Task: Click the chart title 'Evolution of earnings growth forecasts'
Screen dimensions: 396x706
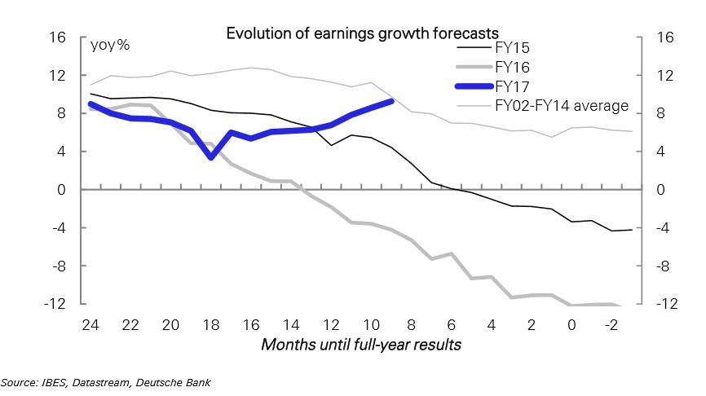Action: point(362,33)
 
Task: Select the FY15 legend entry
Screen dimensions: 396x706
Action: point(512,47)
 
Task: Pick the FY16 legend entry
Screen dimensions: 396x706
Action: point(513,67)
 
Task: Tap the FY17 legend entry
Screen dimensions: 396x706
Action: point(513,86)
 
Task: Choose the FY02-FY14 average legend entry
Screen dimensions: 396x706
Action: point(562,106)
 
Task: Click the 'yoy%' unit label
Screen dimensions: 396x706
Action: point(109,45)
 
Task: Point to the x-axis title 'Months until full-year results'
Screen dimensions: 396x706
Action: point(361,345)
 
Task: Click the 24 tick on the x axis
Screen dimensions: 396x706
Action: point(90,324)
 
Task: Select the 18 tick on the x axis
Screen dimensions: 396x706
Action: point(210,324)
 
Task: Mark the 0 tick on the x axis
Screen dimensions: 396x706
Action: point(571,324)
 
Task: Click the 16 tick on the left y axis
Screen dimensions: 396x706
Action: point(56,37)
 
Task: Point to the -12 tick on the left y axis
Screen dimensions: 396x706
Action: point(54,304)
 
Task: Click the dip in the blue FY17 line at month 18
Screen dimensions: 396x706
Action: point(210,156)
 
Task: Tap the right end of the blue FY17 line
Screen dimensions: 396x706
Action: point(391,101)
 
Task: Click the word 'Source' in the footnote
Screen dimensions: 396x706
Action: point(18,381)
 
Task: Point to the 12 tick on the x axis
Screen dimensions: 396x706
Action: point(331,324)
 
